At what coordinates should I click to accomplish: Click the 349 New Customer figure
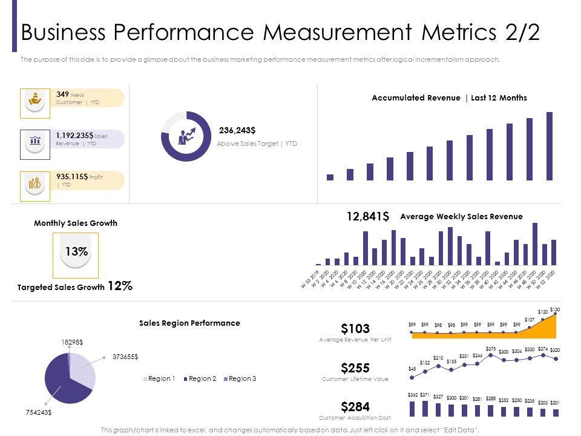coord(62,94)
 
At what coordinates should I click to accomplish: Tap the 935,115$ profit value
coord(72,176)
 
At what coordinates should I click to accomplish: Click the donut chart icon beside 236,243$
coord(186,136)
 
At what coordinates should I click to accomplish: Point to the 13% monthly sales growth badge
coord(76,252)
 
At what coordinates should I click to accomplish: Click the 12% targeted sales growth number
coord(120,286)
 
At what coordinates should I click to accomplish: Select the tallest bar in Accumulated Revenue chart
coord(550,146)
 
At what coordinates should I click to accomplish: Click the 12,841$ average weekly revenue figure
coord(367,217)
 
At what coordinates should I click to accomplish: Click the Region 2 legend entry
coord(202,378)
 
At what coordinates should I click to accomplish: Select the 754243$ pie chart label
coord(38,412)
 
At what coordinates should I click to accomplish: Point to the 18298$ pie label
coord(72,342)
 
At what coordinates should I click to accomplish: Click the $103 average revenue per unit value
coord(355,329)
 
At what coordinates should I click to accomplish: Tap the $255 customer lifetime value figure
coord(355,368)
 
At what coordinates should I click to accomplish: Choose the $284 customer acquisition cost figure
coord(355,406)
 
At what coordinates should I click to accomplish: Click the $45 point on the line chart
coord(412,377)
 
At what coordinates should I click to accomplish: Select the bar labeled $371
coord(425,409)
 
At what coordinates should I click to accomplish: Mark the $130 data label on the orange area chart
coord(555,310)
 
